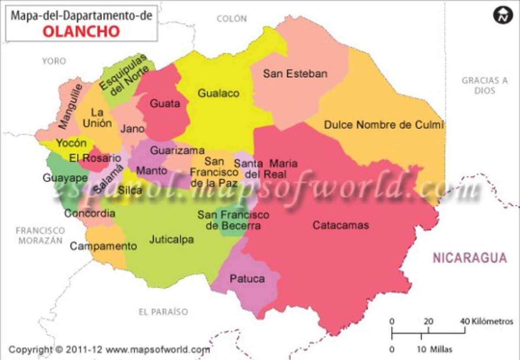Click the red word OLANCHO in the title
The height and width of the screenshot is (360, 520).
pos(81,31)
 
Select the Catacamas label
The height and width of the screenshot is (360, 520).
pos(341,225)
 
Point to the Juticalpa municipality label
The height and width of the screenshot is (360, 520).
pos(172,239)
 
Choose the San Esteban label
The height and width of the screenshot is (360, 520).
pos(295,74)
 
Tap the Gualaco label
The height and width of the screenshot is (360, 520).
pos(218,93)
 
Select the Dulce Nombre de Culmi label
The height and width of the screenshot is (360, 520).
pos(384,125)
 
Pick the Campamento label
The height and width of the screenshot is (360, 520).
pos(104,246)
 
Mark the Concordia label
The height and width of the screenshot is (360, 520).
pos(90,213)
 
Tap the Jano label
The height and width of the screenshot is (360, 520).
pos(133,129)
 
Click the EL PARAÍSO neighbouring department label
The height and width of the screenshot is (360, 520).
pos(163,311)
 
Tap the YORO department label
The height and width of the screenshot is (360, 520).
pos(54,61)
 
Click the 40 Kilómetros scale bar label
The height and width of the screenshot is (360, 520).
pos(486,322)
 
